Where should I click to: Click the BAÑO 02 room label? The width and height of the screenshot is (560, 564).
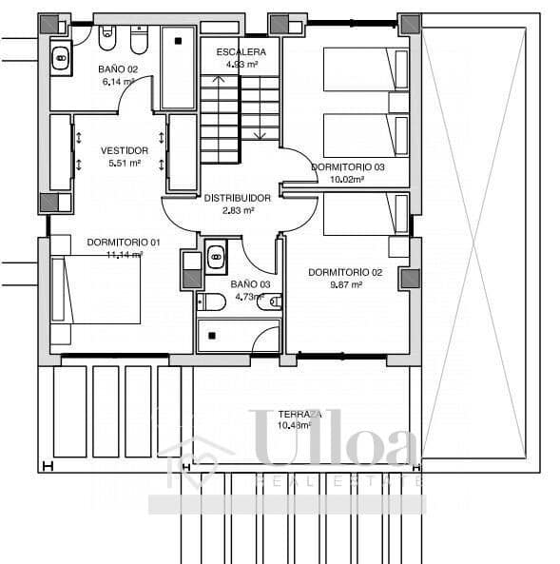point(118,69)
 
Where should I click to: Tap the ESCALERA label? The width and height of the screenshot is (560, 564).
point(241,51)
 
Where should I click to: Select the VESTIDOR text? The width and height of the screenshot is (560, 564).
point(125,150)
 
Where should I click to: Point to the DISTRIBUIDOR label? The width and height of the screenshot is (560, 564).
point(238,198)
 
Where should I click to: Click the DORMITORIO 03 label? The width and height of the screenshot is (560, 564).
point(348,166)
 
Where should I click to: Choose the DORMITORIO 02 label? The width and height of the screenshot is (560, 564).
point(345,272)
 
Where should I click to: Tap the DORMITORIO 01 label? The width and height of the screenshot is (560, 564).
point(123,242)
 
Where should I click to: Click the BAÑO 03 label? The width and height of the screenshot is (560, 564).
point(251,283)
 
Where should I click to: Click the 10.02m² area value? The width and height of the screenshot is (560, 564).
point(348,178)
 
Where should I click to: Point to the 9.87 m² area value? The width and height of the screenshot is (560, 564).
point(345,283)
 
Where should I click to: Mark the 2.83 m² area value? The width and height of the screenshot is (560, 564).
point(238,210)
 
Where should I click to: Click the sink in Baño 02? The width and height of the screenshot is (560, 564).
point(61,59)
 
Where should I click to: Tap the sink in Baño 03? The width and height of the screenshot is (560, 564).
point(216,255)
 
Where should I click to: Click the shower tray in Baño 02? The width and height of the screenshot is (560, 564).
point(178,68)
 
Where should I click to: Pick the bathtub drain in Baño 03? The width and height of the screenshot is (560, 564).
point(211,335)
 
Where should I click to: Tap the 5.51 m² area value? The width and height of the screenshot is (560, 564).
point(125,163)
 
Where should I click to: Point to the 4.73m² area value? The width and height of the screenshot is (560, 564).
point(251,296)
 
